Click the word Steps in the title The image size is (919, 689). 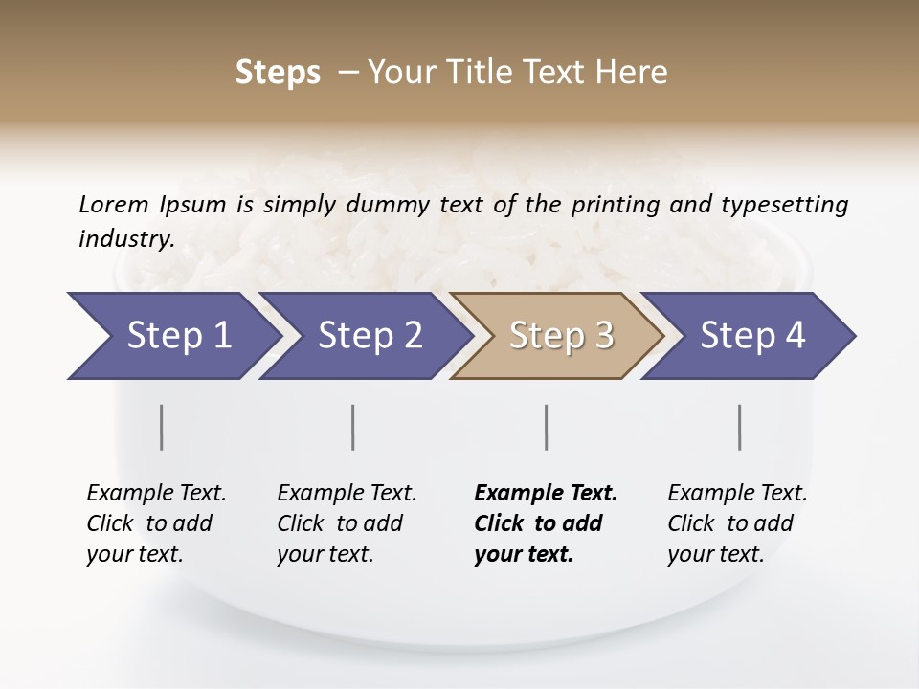[x=278, y=73]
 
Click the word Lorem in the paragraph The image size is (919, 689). [x=114, y=204]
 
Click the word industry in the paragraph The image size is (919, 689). [x=126, y=238]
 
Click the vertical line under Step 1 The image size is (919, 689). [x=162, y=427]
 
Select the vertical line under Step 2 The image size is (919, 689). [x=353, y=427]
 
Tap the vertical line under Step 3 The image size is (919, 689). [x=546, y=427]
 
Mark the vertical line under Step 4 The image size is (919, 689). [x=740, y=427]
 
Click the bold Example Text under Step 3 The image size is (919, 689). [x=546, y=523]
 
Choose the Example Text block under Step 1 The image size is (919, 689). [x=156, y=523]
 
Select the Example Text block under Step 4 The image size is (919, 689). [x=737, y=523]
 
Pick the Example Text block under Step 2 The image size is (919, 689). [x=347, y=523]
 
